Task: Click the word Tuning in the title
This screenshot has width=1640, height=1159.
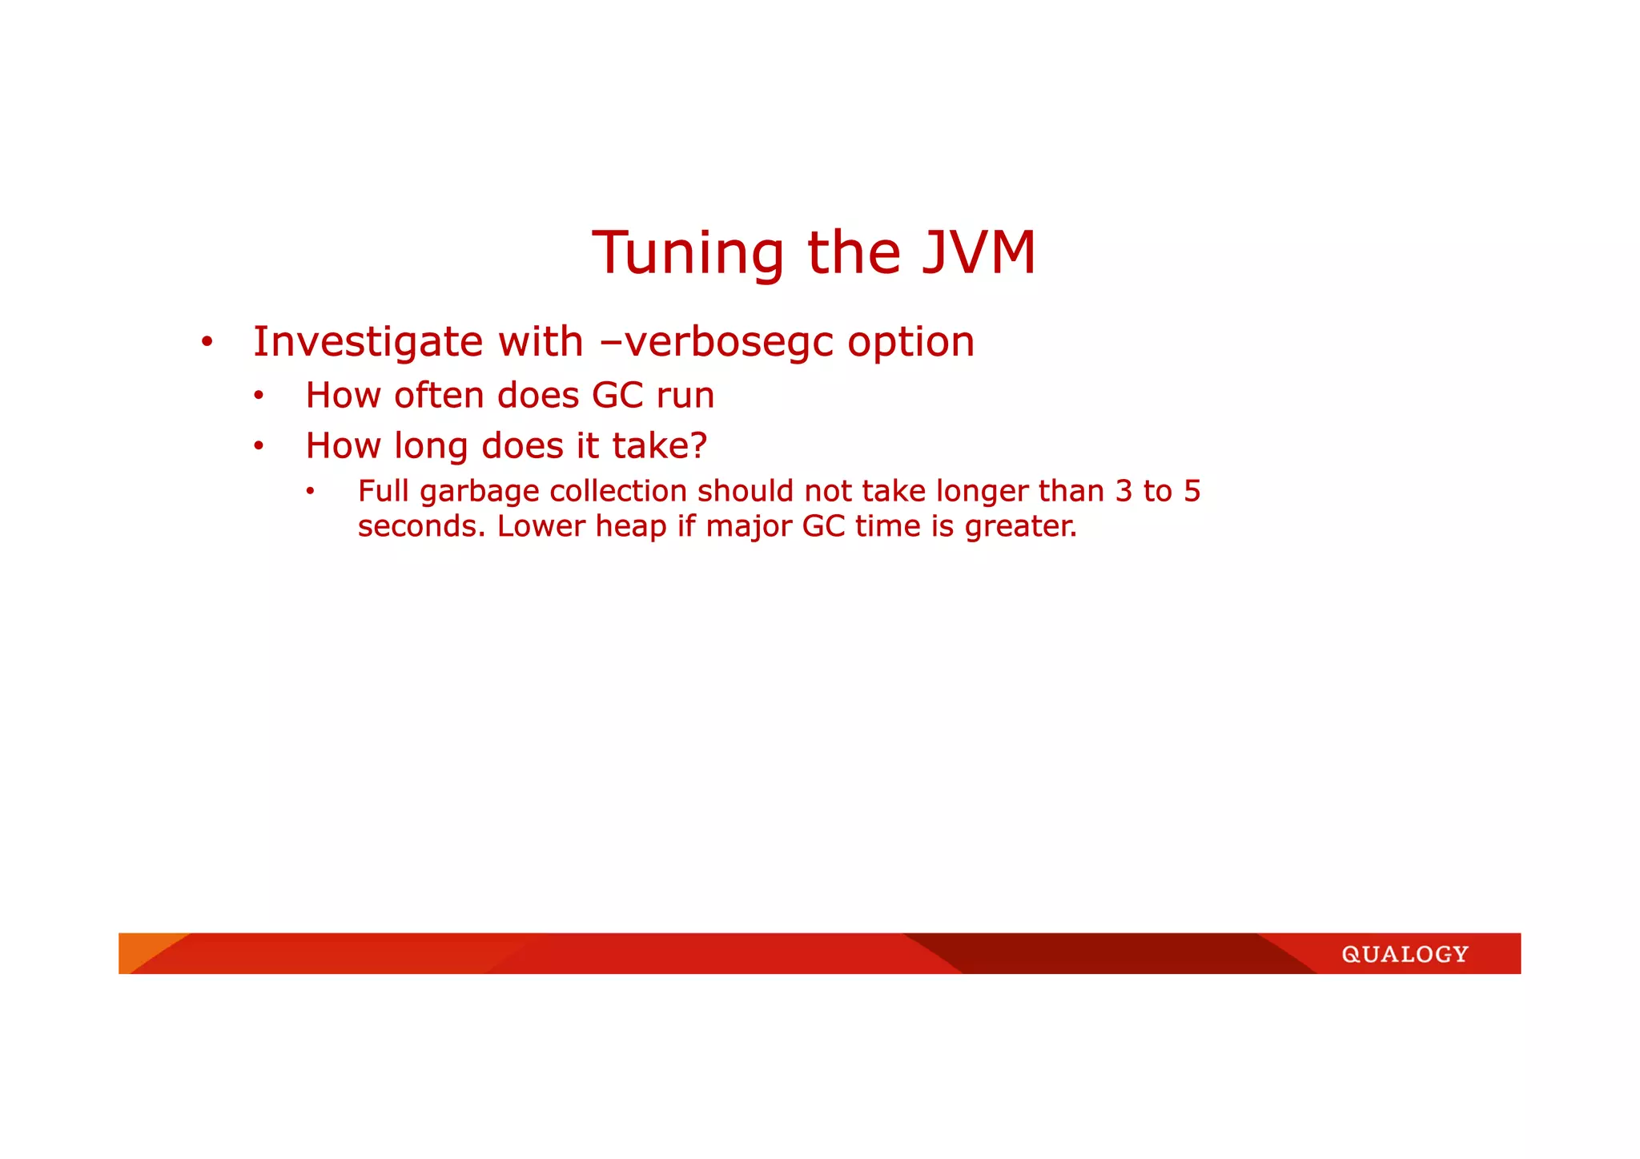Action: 688,253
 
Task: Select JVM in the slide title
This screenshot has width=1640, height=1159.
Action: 979,253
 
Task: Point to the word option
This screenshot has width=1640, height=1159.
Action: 910,343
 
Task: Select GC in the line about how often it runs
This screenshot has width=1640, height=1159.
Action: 617,396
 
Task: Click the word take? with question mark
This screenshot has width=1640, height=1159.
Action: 660,446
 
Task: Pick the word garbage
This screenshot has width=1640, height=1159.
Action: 480,492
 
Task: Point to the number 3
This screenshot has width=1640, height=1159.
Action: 1123,491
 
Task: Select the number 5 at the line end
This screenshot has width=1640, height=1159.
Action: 1192,491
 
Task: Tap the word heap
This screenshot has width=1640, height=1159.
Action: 631,527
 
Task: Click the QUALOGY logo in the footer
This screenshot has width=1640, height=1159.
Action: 1405,954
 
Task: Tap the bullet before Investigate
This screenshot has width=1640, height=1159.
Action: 207,343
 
